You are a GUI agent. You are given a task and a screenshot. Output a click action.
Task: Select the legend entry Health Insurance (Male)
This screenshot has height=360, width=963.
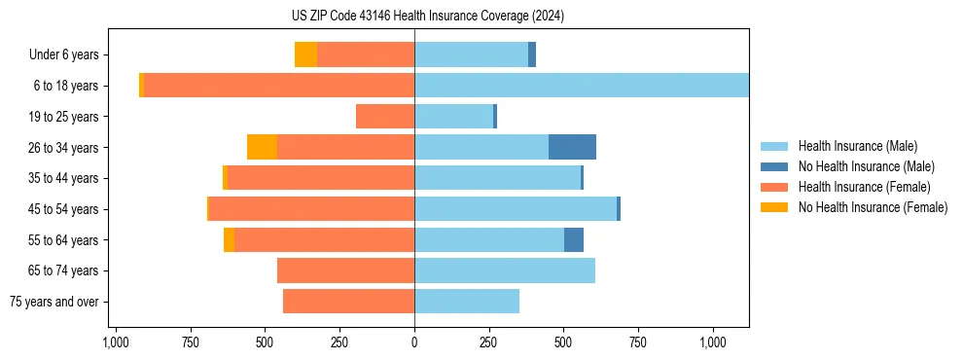point(857,146)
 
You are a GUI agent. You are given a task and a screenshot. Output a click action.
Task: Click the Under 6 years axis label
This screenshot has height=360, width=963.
point(63,55)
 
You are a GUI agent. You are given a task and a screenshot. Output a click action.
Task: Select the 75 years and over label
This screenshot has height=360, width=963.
point(54,302)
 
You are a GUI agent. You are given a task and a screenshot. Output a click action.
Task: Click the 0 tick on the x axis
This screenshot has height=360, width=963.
point(414,342)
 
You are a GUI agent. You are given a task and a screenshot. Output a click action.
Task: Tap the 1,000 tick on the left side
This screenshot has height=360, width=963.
point(116,342)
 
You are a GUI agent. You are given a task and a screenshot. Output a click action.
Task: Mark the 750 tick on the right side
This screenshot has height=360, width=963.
point(638,342)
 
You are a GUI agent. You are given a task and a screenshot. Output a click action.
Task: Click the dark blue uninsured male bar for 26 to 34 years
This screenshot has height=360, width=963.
point(572,147)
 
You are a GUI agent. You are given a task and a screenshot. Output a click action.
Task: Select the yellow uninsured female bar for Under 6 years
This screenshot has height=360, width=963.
point(305,54)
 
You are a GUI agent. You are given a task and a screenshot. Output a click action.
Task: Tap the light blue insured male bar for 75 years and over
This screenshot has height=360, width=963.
point(467,302)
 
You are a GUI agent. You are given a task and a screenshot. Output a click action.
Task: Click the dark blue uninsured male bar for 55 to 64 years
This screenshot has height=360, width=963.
point(574,239)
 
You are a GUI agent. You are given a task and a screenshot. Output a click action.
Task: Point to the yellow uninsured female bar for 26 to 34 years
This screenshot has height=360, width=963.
point(262,147)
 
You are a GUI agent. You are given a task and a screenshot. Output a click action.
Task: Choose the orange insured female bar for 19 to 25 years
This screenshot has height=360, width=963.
point(385,117)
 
